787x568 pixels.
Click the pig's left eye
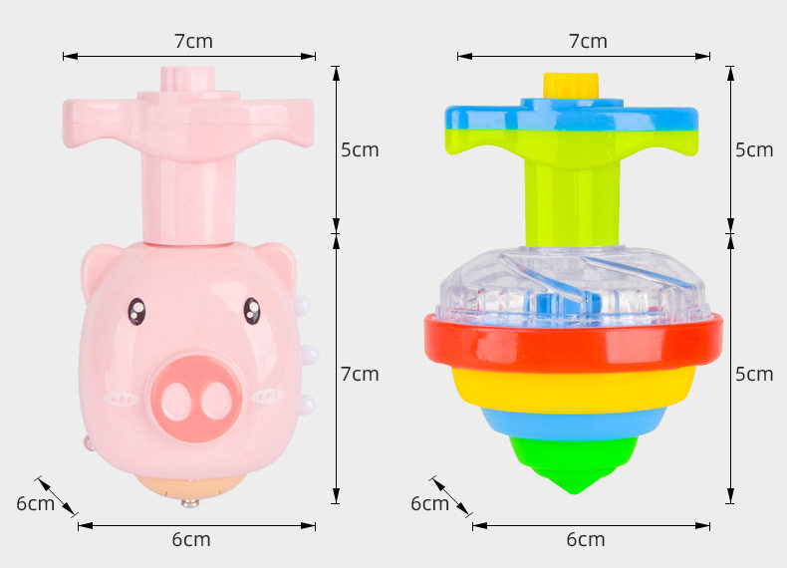coord(136,311)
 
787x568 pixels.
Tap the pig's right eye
coord(252,310)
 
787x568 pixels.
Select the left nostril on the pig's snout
coord(176,401)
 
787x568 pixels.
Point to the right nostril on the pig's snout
coord(216,400)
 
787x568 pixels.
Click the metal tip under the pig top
coord(189,502)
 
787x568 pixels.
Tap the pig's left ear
coord(101,267)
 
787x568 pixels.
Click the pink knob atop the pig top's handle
coord(187,80)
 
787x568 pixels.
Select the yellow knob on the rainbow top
coord(571,85)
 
